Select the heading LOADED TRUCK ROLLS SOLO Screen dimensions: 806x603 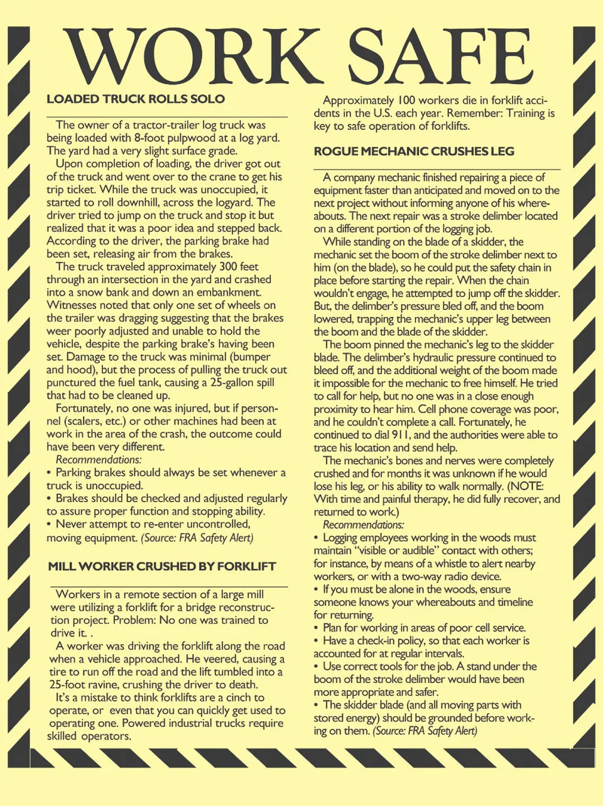pos(136,99)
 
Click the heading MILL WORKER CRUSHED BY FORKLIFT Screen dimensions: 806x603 pos(162,566)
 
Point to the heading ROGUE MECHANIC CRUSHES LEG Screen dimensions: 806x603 pos(414,151)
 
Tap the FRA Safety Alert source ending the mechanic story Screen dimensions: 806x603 pos(425,731)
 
